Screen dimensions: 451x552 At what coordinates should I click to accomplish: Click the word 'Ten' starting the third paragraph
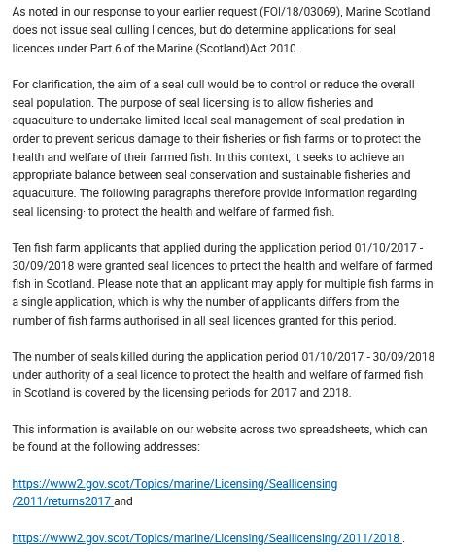[23, 247]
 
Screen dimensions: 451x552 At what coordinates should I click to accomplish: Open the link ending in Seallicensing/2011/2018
[206, 537]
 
